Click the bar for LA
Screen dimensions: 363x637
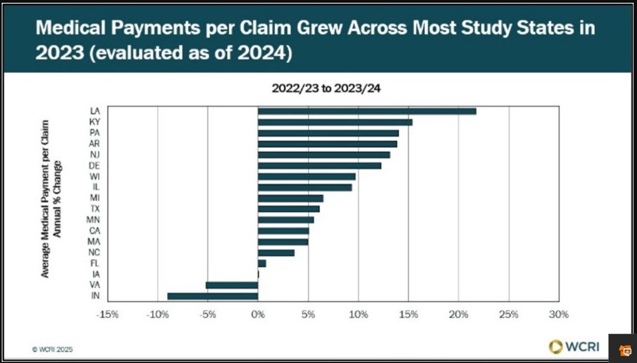[x=367, y=111]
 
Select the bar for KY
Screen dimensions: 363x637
[x=335, y=122]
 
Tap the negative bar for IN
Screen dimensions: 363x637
[x=213, y=296]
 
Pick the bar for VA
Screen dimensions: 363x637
[x=232, y=285]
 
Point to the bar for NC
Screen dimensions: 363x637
[x=276, y=252]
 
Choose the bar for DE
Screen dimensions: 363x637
[x=319, y=166]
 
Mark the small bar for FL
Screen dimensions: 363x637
[x=262, y=263]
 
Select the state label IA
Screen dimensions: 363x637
[x=95, y=274]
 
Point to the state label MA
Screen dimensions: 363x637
[x=94, y=241]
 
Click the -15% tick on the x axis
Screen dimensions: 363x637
[x=107, y=315]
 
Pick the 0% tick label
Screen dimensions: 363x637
[x=258, y=315]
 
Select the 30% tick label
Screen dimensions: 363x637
[x=559, y=315]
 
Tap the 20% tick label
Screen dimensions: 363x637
[x=458, y=315]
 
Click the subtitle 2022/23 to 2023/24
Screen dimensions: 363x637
[x=326, y=88]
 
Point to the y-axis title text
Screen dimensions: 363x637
[x=52, y=198]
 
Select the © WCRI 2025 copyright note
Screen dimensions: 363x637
[x=52, y=350]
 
